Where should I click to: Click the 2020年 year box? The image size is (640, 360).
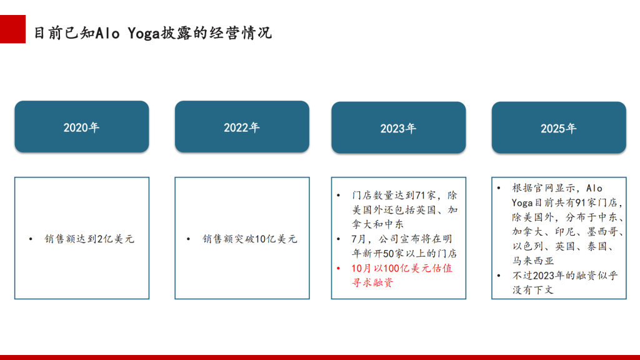point(82,126)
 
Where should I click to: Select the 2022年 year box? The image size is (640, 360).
point(242,126)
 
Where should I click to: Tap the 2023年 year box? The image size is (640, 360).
point(398,127)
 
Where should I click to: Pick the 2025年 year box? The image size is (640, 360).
point(559,127)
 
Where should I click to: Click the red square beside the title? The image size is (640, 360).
point(12,29)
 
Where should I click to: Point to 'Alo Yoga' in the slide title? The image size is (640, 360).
point(127,33)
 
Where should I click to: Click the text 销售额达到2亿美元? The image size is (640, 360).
point(89,239)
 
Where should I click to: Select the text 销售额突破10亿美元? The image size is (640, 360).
point(250,239)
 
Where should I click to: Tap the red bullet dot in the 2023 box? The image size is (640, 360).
point(338,268)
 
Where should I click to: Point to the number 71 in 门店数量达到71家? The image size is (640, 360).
point(421,196)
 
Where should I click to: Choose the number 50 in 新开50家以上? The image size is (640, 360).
point(388,254)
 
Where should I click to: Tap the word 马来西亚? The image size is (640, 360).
point(533,261)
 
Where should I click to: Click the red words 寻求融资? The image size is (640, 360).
point(372,282)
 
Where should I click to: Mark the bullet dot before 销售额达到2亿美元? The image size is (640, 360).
point(31,239)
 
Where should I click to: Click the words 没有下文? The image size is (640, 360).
point(533,290)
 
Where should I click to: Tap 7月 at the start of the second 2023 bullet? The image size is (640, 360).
point(358,239)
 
